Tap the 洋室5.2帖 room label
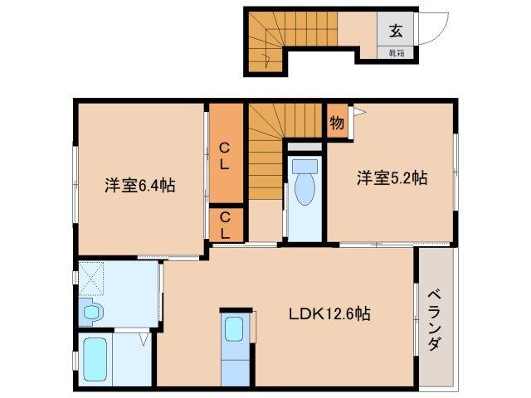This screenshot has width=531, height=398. coord(392,177)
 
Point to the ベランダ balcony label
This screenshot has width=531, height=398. coord(435,322)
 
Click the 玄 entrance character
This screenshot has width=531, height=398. coord(396,31)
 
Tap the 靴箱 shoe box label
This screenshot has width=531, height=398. coord(396,53)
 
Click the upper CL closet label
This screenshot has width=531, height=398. coord(224,155)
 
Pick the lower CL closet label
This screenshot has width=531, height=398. coord(224,224)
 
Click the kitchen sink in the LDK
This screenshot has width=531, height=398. coord(234,328)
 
